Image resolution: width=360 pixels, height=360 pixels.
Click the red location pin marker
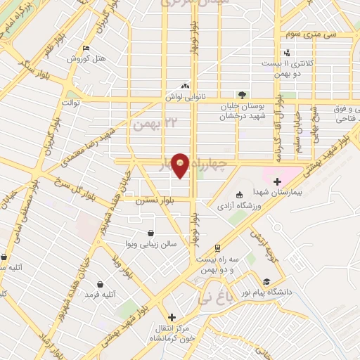180,165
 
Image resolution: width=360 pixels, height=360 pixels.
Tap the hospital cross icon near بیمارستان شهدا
278,181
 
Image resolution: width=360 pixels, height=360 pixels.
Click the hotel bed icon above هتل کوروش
86,48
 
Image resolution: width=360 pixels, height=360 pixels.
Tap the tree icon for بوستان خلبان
242,94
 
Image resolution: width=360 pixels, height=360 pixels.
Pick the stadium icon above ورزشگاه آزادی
239,195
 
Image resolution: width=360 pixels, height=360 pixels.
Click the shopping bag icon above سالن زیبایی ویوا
150,233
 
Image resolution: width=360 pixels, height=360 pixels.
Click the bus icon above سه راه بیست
217,248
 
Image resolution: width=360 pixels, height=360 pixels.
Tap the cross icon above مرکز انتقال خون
171,317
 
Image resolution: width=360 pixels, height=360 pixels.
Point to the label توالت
72,103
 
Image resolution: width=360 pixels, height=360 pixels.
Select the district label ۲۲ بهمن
148,124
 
